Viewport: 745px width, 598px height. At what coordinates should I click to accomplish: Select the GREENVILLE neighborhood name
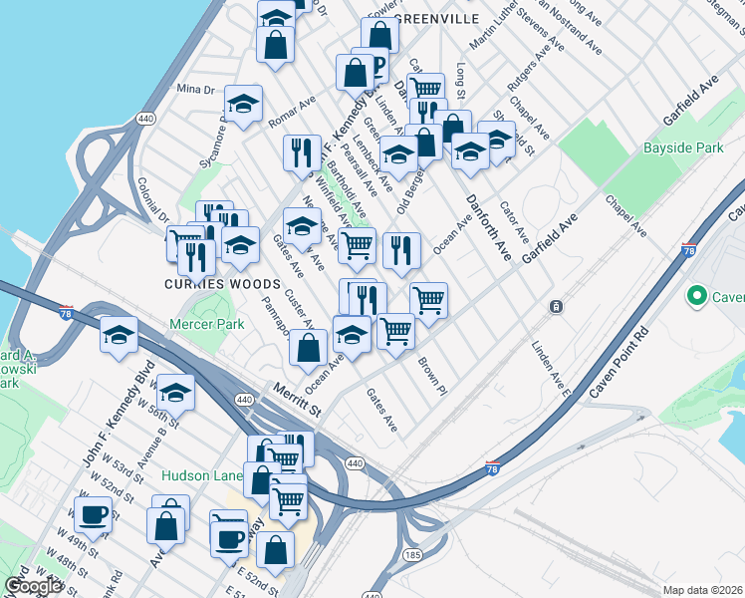pyautogui.click(x=436, y=19)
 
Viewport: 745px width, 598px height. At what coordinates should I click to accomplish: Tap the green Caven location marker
pyautogui.click(x=696, y=297)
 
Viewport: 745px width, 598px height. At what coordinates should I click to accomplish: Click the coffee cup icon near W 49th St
pyautogui.click(x=96, y=515)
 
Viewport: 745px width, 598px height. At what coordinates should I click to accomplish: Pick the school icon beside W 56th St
pyautogui.click(x=175, y=392)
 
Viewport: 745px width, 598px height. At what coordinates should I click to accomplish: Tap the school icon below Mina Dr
pyautogui.click(x=242, y=103)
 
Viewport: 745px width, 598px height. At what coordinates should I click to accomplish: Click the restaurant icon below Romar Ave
pyautogui.click(x=301, y=152)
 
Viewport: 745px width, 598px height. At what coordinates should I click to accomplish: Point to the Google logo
pyautogui.click(x=33, y=586)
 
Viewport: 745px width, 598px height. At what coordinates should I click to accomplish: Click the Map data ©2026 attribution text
pyautogui.click(x=701, y=590)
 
